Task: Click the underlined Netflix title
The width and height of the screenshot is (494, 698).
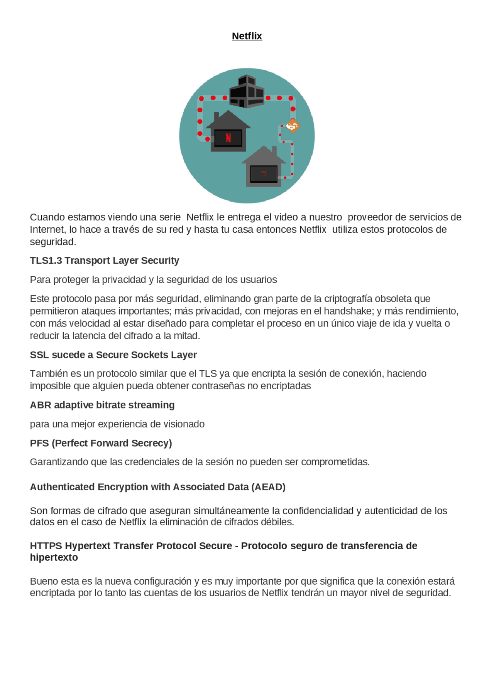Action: pos(247,36)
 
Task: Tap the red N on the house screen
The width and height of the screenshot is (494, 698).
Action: pos(228,138)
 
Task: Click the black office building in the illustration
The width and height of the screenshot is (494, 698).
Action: pos(247,92)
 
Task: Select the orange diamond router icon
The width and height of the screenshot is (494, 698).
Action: pos(292,126)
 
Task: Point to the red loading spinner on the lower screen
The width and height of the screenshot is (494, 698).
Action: pos(264,174)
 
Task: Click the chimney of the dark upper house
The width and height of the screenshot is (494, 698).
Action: pos(217,116)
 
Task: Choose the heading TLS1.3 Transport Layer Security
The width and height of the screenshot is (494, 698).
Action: pos(104,261)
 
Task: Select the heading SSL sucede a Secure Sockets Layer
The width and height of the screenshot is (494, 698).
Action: pos(113,355)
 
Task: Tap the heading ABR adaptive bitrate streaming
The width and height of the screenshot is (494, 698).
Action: pos(102,405)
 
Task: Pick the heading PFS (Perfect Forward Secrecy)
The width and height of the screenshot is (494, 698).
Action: pos(101,443)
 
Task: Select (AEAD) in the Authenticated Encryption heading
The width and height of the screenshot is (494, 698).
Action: pos(268,487)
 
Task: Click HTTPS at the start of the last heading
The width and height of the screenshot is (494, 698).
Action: pos(46,546)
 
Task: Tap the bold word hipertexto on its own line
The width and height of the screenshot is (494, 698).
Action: pos(54,557)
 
